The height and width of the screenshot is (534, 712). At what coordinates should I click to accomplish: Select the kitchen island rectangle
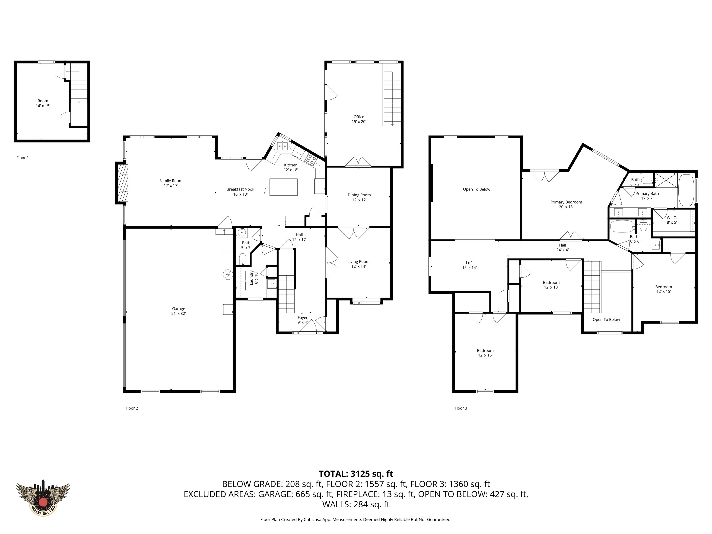point(283,187)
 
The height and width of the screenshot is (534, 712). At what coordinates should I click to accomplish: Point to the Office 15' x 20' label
point(359,119)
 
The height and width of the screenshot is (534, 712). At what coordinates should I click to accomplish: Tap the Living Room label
point(358,264)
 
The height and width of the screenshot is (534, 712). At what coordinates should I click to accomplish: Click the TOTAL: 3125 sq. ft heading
point(356,474)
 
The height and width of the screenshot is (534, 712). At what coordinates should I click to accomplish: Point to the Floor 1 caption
point(22,158)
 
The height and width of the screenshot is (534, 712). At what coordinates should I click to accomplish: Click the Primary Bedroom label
point(566,204)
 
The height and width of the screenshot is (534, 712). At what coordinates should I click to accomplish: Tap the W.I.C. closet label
point(671,220)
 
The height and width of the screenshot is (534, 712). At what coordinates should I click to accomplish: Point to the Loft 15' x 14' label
point(469,265)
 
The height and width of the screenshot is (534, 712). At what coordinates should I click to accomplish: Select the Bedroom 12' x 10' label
point(551,285)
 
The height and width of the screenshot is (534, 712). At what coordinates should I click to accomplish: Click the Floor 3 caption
point(461,408)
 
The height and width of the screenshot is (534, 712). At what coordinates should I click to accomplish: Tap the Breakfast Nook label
point(240,191)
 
